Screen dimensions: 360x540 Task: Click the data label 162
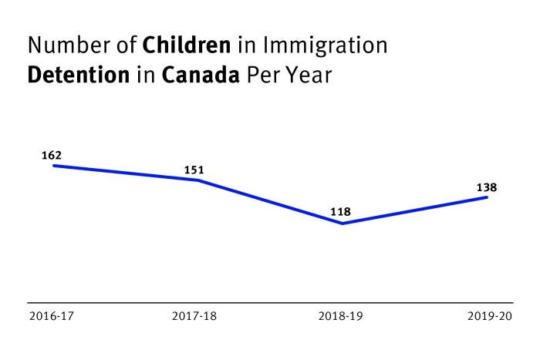[51, 156]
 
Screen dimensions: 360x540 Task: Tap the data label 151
[195, 170]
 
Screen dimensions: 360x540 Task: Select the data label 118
[340, 211]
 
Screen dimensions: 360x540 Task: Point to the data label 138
[486, 187]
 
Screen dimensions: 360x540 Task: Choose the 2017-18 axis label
[194, 316]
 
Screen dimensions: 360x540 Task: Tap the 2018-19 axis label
[339, 316]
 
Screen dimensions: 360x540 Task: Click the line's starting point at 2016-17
[52, 166]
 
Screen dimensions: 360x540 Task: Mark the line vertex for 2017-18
[198, 180]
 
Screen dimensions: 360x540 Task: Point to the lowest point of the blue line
[342, 224]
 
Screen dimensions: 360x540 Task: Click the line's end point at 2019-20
[487, 197]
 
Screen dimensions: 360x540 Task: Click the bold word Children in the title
[187, 46]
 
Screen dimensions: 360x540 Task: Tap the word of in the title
[126, 46]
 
